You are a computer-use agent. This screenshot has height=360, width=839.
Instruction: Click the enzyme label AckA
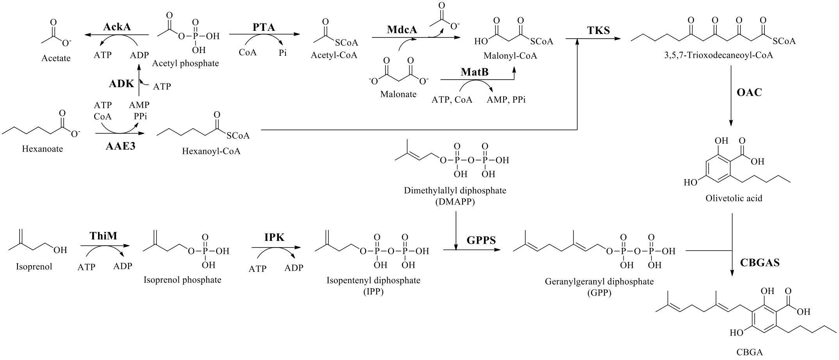click(x=117, y=27)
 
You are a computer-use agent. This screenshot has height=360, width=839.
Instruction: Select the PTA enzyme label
click(x=264, y=27)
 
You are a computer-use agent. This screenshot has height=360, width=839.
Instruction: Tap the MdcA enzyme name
click(x=402, y=29)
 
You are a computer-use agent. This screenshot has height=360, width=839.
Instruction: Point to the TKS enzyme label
click(x=598, y=30)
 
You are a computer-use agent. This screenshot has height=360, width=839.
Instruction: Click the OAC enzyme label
click(x=749, y=93)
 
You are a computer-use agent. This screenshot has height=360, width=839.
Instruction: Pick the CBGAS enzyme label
click(x=760, y=262)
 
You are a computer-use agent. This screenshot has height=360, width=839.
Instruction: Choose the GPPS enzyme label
click(x=481, y=240)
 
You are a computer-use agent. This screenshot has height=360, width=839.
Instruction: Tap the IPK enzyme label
click(x=274, y=237)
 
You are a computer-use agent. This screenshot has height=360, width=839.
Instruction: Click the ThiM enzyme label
click(x=103, y=235)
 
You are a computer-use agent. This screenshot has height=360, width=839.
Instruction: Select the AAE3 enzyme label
click(x=120, y=146)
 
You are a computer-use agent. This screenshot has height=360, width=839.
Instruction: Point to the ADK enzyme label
click(x=121, y=83)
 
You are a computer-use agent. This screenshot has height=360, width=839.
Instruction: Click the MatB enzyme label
click(x=475, y=72)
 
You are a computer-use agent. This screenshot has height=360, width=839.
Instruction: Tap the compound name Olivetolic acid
click(x=734, y=198)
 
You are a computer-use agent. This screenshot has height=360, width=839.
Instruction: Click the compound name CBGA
click(x=749, y=352)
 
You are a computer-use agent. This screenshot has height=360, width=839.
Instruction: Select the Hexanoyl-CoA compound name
click(x=211, y=151)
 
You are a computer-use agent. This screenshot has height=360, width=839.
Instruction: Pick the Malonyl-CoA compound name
click(x=510, y=56)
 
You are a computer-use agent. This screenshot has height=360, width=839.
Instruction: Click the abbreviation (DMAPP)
click(x=455, y=202)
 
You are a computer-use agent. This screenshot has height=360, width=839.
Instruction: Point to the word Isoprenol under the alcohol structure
click(x=34, y=267)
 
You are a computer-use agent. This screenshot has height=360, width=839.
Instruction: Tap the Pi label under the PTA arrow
click(x=282, y=53)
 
